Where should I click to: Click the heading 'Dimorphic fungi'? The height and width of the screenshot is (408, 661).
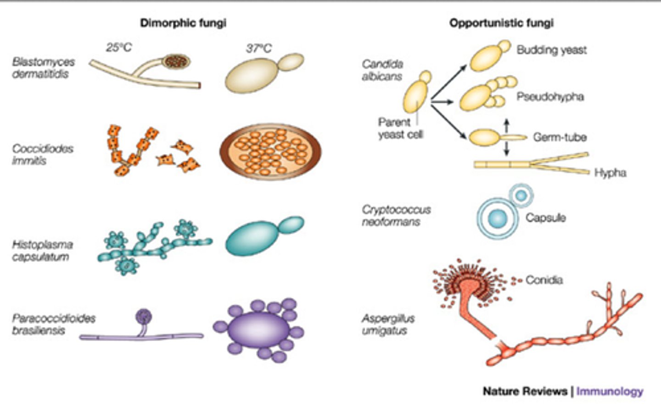pos(183,22)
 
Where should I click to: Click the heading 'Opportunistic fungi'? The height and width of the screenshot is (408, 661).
pos(501,22)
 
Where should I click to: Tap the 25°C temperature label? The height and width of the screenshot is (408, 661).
pos(119,47)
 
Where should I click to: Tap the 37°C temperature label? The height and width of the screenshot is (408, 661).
pos(258,48)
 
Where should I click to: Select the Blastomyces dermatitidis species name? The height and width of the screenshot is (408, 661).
pos(43,68)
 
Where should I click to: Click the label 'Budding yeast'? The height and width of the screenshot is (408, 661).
pos(551,50)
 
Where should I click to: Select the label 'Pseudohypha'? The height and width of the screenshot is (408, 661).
pos(550,97)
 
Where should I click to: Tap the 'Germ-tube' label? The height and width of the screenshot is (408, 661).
pos(560,137)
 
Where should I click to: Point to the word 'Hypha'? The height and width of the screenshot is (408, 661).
pos(610,173)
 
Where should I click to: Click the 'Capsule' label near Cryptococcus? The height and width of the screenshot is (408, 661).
pos(545,218)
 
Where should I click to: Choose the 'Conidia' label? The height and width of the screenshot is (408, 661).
pos(544,280)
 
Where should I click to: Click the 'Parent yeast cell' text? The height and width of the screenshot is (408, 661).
pos(400,129)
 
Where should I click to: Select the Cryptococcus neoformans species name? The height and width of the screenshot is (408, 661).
pos(396,216)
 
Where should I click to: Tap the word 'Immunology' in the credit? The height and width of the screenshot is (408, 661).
pos(610,391)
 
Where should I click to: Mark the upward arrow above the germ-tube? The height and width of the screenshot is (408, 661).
pos(507,124)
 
